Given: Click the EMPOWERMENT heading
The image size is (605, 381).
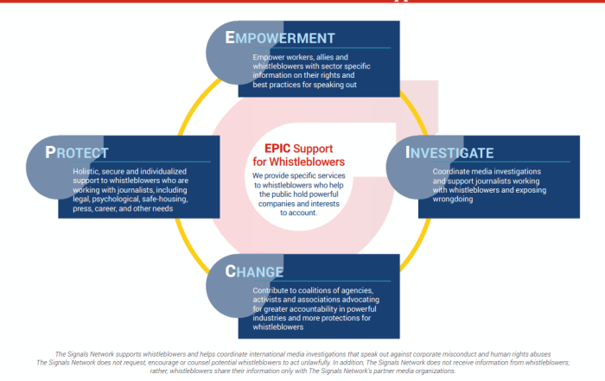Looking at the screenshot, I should click(x=280, y=38).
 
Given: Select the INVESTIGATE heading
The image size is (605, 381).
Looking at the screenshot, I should click(x=450, y=153).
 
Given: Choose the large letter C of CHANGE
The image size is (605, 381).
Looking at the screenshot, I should click(x=232, y=270).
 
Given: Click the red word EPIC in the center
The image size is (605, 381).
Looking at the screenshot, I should click(x=276, y=149).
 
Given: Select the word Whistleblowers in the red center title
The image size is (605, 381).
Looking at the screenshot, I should click(x=302, y=162).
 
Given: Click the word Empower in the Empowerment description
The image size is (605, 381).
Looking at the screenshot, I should click(x=269, y=57).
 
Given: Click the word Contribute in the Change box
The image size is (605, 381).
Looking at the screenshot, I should click(x=271, y=290).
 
